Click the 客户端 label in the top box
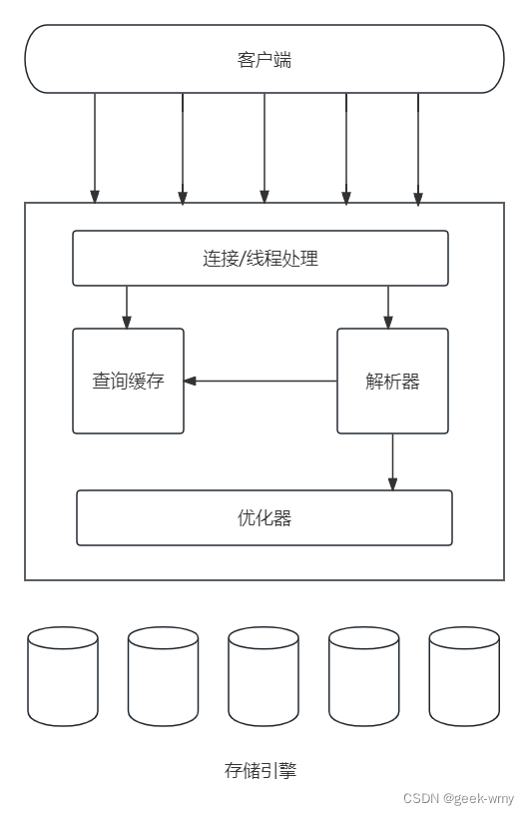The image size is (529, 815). tap(264, 60)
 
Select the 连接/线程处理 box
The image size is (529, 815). tap(260, 258)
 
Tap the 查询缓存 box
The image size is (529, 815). tap(128, 381)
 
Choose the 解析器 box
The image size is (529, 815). tap(392, 381)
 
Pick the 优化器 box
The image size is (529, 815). tap(264, 517)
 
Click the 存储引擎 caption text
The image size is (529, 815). tap(261, 770)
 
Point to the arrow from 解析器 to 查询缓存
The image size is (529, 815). tap(260, 381)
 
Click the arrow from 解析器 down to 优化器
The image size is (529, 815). tap(392, 461)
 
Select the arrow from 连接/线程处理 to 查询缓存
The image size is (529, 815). tap(127, 307)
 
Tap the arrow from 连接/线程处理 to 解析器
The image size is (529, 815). tap(388, 307)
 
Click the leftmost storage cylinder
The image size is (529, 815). tap(63, 676)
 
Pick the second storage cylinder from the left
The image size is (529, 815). tap(163, 676)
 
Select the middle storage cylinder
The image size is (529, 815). tap(264, 676)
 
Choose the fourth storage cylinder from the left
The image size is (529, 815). tap(364, 676)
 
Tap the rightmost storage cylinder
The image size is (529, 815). tap(464, 676)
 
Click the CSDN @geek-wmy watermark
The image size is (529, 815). tap(458, 798)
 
